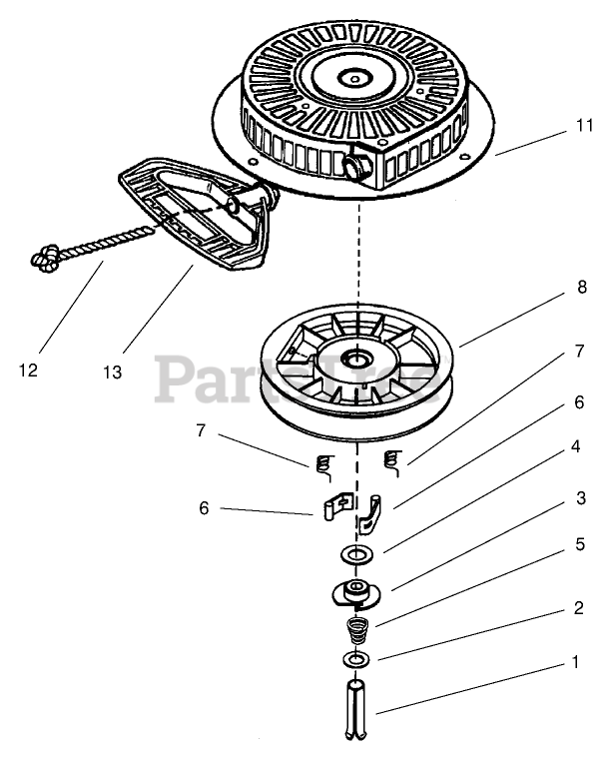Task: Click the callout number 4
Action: tap(577, 446)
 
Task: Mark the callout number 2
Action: tap(577, 608)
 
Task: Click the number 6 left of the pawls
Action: tap(204, 507)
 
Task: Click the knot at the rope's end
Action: tap(44, 261)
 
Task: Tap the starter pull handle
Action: tap(195, 214)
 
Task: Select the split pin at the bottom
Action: tap(357, 709)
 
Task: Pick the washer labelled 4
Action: tap(357, 553)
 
